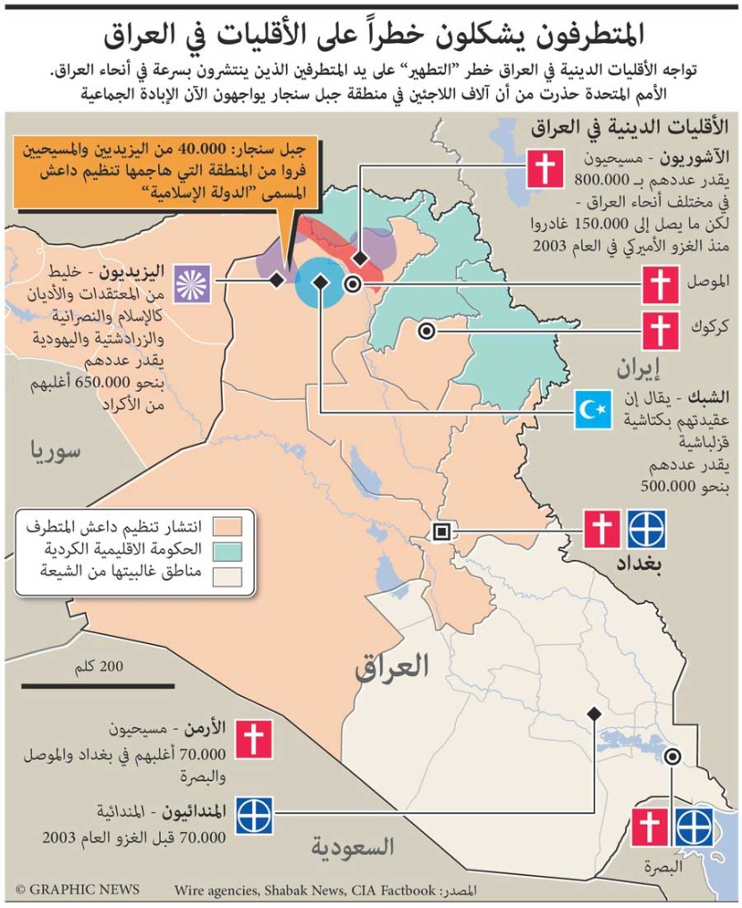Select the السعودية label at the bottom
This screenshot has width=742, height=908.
point(354,845)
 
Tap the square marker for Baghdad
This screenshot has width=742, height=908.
point(441,531)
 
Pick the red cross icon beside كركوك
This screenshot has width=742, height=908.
point(660,331)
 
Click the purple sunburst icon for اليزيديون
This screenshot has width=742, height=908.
point(192,280)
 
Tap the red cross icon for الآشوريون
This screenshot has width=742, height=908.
point(543,168)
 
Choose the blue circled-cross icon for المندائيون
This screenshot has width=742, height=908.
point(255,813)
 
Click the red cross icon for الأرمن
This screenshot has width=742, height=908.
point(255,740)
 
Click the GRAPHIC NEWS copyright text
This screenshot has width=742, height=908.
point(78,889)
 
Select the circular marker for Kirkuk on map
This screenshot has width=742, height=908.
point(426,331)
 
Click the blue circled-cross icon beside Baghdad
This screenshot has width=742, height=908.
point(645,530)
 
